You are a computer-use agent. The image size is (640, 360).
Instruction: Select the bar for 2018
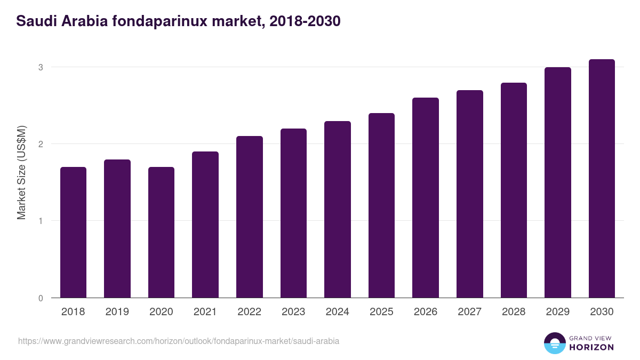pyautogui.click(x=73, y=233)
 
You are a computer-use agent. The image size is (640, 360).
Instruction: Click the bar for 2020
pyautogui.click(x=161, y=233)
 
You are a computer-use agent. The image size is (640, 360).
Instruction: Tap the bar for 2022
pyautogui.click(x=250, y=217)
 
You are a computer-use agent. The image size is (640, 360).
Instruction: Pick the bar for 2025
pyautogui.click(x=381, y=205)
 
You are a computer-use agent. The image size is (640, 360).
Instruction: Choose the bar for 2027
pyautogui.click(x=470, y=194)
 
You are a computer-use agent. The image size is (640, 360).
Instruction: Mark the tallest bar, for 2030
pyautogui.click(x=602, y=179)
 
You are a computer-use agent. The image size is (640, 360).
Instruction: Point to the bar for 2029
pyautogui.click(x=558, y=182)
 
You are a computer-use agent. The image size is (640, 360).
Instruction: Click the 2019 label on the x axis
pyautogui.click(x=117, y=312)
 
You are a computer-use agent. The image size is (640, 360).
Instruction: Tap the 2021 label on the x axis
pyautogui.click(x=205, y=312)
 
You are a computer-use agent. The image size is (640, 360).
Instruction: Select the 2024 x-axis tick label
pyautogui.click(x=337, y=312)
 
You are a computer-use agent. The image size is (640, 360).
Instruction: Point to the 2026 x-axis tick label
pyautogui.click(x=426, y=312)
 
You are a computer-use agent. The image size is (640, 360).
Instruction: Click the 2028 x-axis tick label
pyautogui.click(x=514, y=312)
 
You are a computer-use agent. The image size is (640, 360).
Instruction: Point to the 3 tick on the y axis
pyautogui.click(x=40, y=67)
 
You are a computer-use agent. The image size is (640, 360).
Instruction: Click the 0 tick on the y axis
pyautogui.click(x=40, y=298)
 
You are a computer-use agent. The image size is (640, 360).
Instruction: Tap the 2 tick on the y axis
pyautogui.click(x=40, y=144)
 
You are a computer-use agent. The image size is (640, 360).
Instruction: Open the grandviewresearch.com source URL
pyautogui.click(x=179, y=341)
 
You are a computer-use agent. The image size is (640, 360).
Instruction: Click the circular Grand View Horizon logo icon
pyautogui.click(x=555, y=343)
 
